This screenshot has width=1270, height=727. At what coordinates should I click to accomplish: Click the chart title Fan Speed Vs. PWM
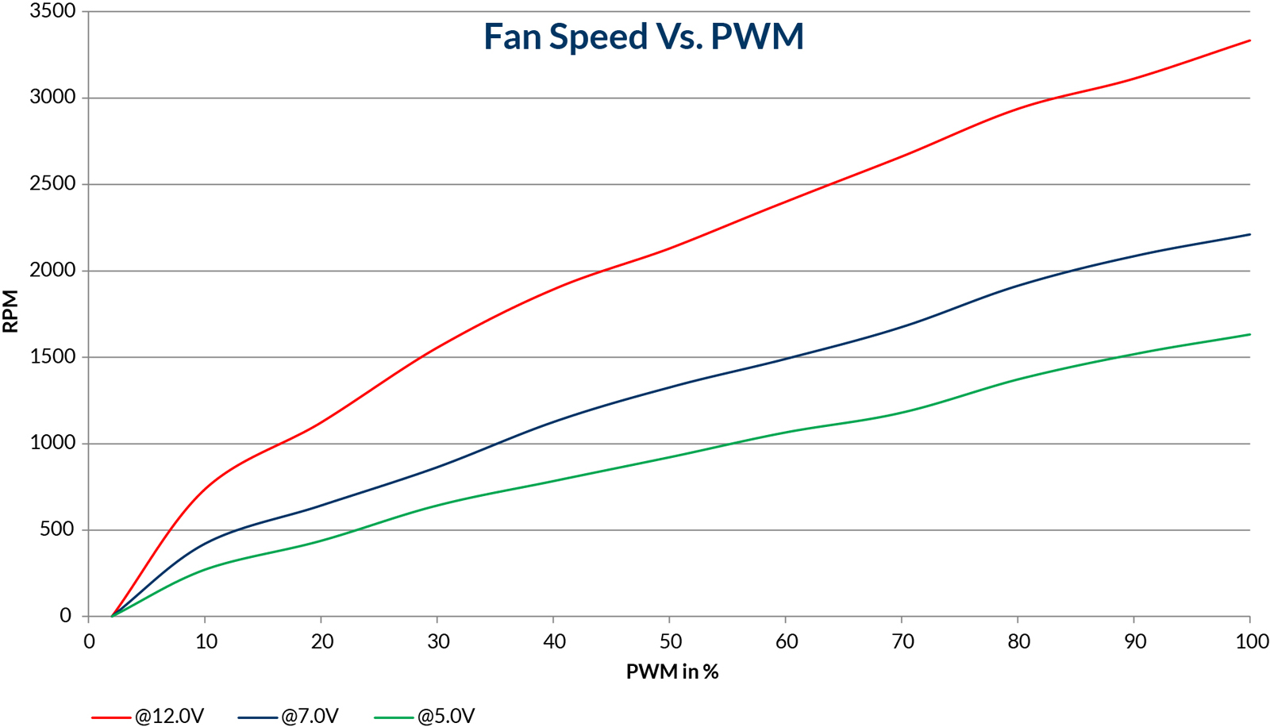click(644, 37)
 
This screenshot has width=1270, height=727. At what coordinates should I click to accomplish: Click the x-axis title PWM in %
click(672, 672)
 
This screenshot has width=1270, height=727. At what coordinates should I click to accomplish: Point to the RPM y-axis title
click(11, 311)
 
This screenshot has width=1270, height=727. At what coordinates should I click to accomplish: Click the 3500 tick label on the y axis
click(53, 11)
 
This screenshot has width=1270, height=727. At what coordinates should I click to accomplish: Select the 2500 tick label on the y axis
click(53, 184)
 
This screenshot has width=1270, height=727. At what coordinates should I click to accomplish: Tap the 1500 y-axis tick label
click(53, 357)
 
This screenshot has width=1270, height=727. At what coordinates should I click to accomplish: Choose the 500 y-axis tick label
click(57, 529)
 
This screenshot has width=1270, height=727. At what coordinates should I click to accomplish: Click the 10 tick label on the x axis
click(206, 641)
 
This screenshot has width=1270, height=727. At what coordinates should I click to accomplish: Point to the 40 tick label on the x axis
click(554, 641)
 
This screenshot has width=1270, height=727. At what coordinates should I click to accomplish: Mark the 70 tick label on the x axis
click(902, 641)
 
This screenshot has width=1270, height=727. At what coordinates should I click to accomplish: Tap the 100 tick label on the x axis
click(1252, 641)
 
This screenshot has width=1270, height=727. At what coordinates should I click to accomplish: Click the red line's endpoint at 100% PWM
click(1250, 40)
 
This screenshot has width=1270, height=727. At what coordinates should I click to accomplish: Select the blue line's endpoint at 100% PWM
click(1250, 234)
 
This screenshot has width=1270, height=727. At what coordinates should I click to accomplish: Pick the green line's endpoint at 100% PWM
click(1250, 334)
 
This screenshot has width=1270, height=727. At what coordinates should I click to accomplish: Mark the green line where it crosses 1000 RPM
click(732, 444)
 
